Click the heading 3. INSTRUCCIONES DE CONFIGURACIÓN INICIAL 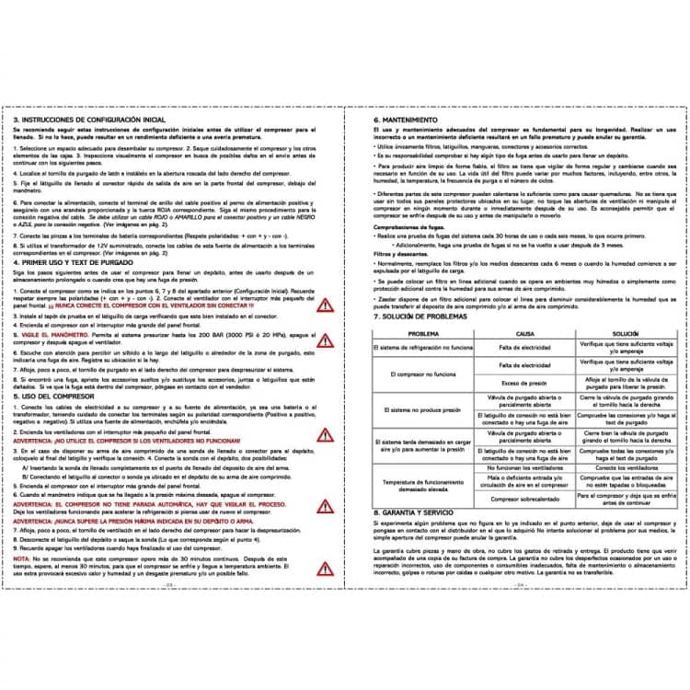pos(90,120)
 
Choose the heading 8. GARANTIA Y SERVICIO pos(417,511)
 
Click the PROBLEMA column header pos(423,333)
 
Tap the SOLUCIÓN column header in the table pos(626,333)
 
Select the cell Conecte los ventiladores pos(626,467)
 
